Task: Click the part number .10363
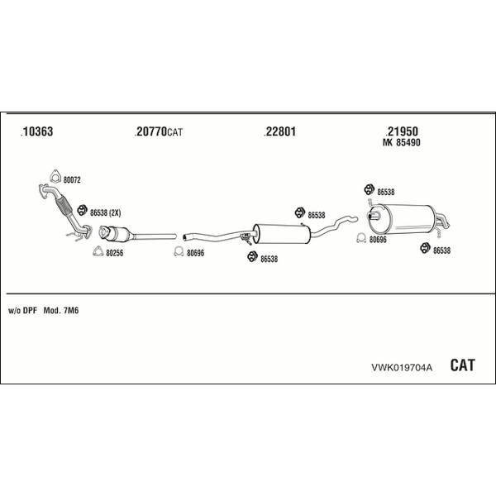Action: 36,131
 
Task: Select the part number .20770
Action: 150,131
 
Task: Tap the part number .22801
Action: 280,131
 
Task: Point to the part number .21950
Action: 402,131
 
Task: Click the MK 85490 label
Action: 402,143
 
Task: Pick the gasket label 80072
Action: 72,180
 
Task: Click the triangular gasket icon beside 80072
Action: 55,177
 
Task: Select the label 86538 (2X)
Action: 105,213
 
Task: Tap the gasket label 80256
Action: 115,253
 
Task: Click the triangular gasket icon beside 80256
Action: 98,251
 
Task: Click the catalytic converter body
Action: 117,234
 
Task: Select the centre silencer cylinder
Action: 282,234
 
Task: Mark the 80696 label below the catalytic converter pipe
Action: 195,253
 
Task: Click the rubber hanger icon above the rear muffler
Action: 369,189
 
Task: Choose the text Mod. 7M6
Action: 61,311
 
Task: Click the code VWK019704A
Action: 402,367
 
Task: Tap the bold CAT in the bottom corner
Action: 462,365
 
